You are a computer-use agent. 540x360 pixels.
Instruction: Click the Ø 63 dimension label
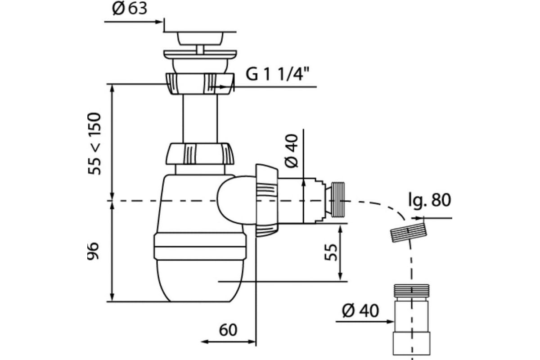[130, 9]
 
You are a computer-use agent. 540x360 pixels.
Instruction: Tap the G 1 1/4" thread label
[277, 74]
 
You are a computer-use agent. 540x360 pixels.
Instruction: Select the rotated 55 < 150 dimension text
[94, 144]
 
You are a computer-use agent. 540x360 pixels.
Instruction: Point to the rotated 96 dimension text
[93, 251]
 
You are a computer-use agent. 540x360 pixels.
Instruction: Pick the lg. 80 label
[429, 200]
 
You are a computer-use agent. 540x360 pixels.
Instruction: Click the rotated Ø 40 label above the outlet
[292, 151]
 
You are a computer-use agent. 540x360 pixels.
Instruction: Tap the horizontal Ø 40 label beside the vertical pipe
[360, 310]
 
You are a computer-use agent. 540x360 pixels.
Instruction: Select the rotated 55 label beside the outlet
[331, 252]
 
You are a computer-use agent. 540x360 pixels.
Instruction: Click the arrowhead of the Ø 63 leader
[159, 22]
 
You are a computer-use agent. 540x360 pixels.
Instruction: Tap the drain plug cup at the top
[200, 39]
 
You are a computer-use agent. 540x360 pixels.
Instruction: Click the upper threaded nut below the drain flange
[200, 84]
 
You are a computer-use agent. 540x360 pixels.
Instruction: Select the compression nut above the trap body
[200, 154]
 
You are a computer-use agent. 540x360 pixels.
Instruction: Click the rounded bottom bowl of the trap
[200, 281]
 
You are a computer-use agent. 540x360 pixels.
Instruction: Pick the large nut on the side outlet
[267, 201]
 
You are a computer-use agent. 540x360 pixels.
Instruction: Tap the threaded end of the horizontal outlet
[338, 200]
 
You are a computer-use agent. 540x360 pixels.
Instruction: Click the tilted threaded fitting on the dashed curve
[409, 233]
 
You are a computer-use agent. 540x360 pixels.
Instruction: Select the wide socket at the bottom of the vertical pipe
[411, 343]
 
